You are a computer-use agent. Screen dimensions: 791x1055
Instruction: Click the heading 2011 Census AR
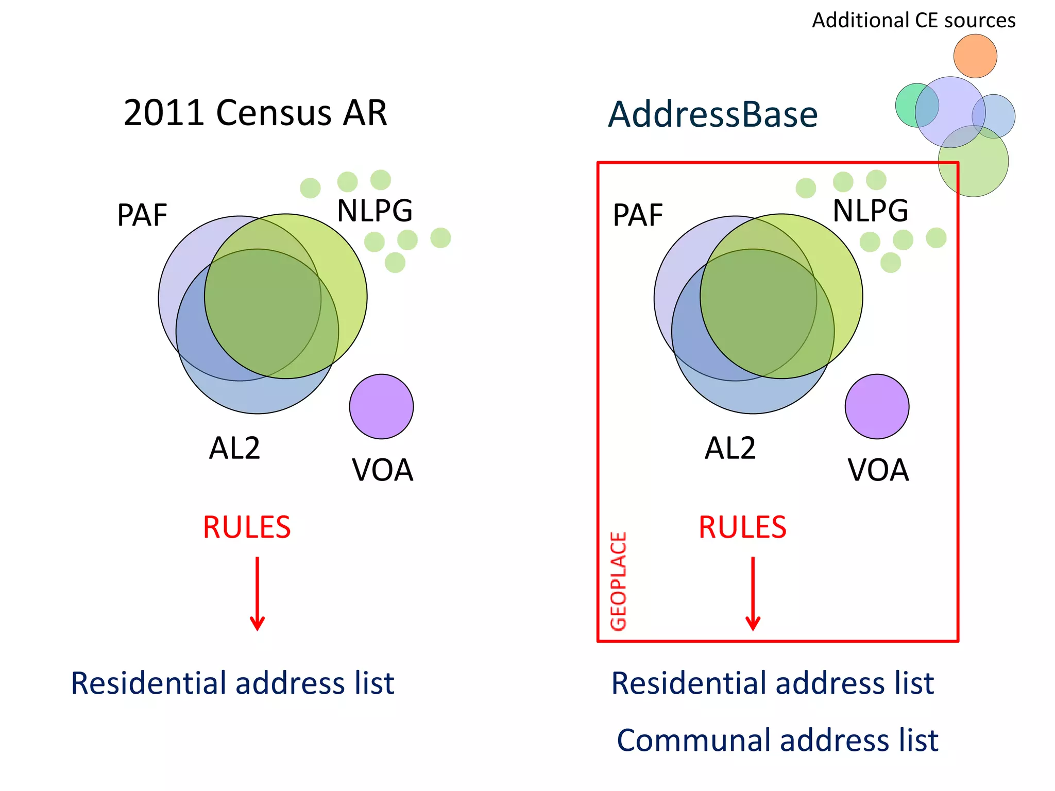tap(255, 113)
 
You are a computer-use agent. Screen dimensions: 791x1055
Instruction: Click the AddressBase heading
tap(712, 114)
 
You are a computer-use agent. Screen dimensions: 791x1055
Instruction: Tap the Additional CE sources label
tap(913, 21)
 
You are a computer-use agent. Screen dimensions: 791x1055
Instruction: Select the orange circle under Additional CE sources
tap(975, 56)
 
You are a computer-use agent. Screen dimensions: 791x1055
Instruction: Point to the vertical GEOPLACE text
tap(618, 581)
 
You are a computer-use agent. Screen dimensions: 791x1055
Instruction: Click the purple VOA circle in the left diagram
tap(381, 406)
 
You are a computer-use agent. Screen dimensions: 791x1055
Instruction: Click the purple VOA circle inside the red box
tap(877, 406)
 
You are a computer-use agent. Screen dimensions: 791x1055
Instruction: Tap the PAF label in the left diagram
tap(142, 215)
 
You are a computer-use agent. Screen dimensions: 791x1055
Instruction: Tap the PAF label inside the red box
tap(638, 215)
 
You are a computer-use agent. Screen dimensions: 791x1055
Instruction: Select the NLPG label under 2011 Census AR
tap(375, 211)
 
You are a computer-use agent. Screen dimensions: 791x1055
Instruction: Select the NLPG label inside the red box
tap(871, 211)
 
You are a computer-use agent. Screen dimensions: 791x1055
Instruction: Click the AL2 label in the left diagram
tap(234, 448)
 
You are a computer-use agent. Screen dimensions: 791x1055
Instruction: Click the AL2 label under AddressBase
tap(730, 448)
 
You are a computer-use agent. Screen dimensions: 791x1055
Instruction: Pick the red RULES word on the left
tap(247, 527)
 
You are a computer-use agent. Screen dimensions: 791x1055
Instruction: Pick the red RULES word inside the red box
tap(742, 527)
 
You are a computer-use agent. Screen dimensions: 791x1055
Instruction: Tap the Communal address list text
tap(777, 740)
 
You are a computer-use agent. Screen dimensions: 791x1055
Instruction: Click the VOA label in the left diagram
tap(383, 470)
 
